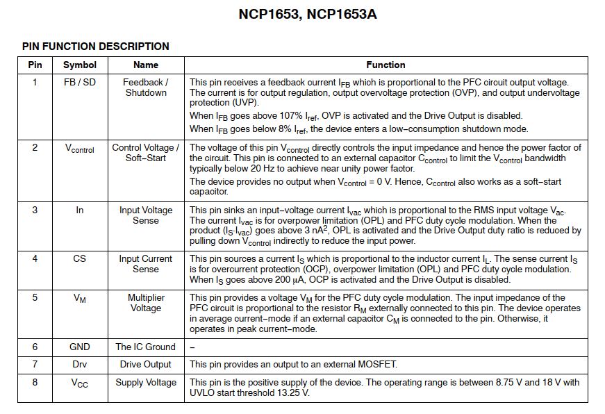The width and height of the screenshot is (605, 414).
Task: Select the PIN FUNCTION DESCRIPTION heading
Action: click(x=96, y=47)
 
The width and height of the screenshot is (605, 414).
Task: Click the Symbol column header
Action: click(x=80, y=65)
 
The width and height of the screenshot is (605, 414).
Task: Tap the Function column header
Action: click(x=386, y=65)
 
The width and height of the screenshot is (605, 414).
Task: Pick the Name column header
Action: click(x=146, y=65)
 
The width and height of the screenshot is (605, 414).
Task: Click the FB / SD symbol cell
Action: click(x=80, y=82)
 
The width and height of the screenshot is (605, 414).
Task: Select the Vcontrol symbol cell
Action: click(x=80, y=149)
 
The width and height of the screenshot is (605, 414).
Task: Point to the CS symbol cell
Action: click(x=80, y=258)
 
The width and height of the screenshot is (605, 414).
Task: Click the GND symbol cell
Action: click(x=80, y=347)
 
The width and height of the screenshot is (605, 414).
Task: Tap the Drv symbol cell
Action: click(x=80, y=364)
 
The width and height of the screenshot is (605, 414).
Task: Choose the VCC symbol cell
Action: click(x=80, y=383)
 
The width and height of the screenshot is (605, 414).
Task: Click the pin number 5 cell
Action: click(x=35, y=297)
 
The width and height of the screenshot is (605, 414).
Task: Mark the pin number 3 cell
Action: click(x=35, y=210)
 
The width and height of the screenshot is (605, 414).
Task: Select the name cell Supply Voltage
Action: click(x=146, y=382)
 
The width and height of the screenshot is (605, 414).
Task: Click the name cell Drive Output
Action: click(x=146, y=364)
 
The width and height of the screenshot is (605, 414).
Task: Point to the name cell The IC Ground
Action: click(x=146, y=347)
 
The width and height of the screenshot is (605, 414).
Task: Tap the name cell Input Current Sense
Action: click(x=146, y=264)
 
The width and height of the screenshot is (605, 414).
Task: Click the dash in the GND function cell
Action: click(x=192, y=347)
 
